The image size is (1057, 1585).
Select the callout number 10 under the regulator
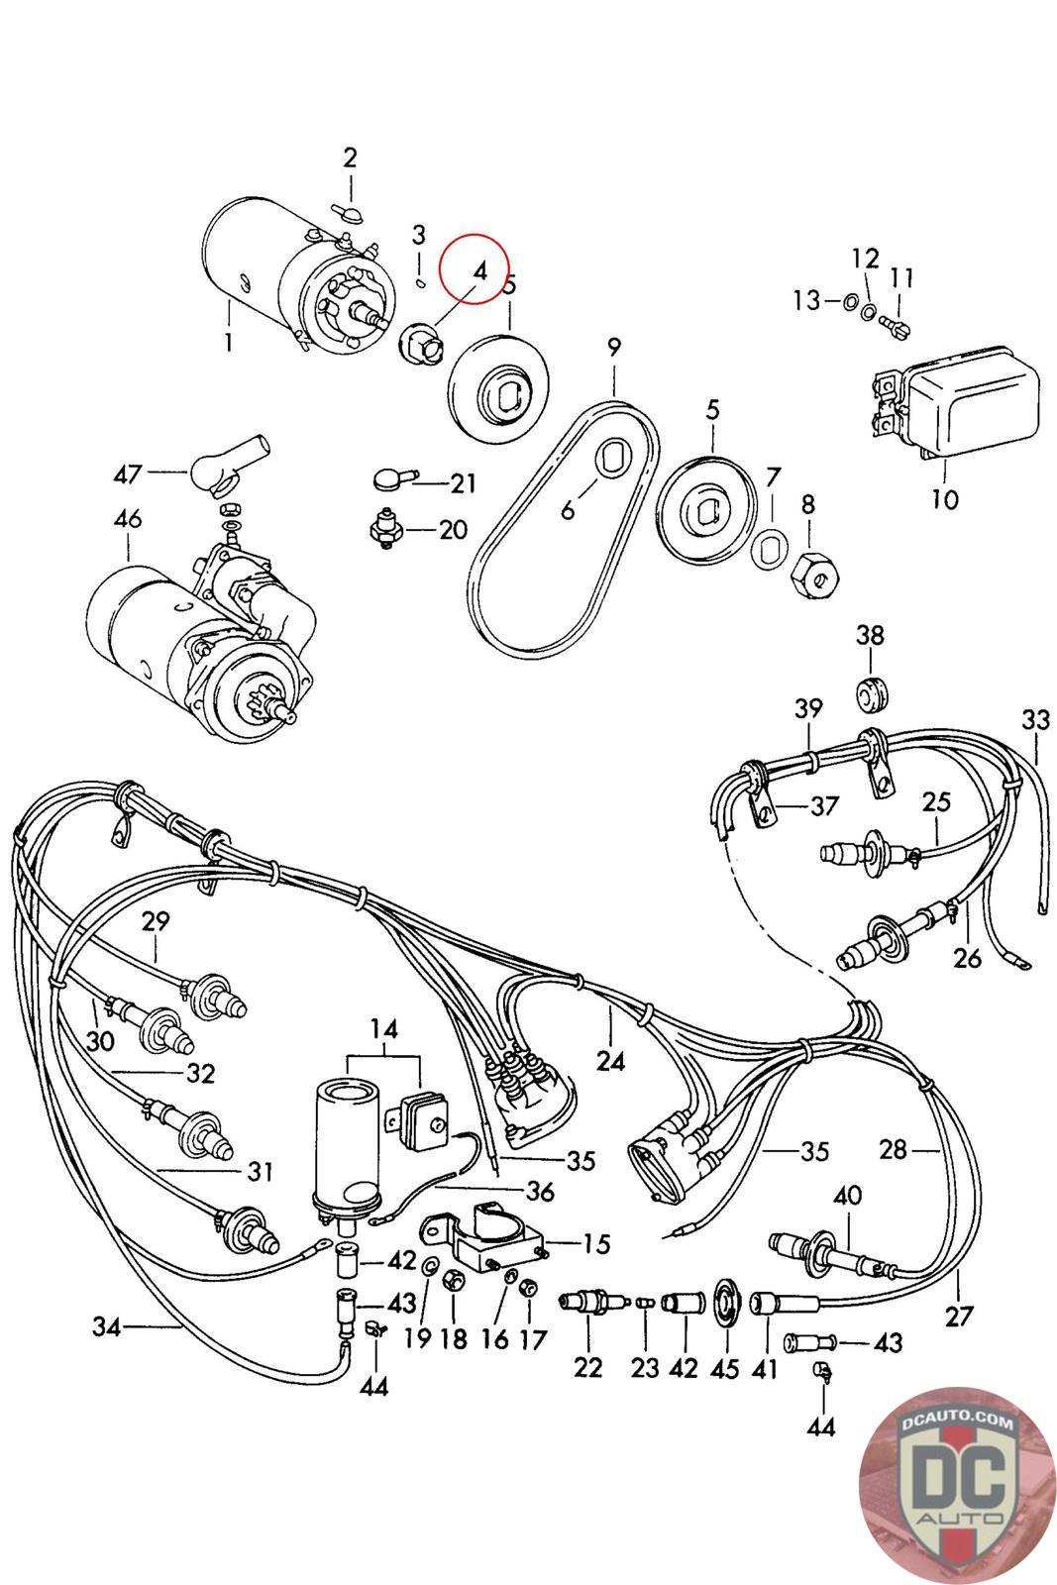(945, 498)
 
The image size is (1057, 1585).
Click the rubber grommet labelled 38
(872, 693)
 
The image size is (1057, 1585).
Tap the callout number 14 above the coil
(384, 1030)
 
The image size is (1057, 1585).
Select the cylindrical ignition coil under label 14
(346, 1149)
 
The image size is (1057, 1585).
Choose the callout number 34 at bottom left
(107, 1325)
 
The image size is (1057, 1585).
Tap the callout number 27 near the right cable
(960, 1318)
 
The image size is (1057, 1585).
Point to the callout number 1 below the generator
(229, 343)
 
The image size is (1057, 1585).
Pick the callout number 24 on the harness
(611, 1061)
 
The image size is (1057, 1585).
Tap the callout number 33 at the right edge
(1035, 719)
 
